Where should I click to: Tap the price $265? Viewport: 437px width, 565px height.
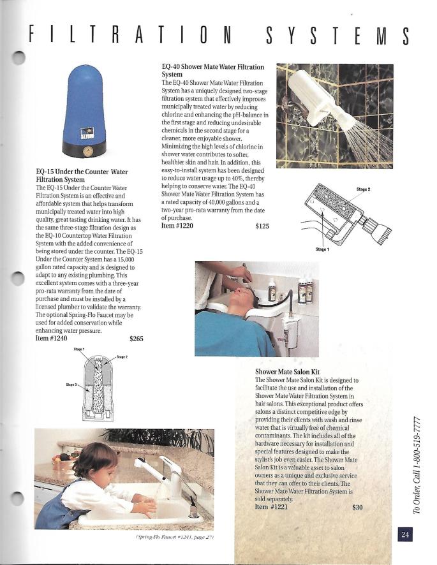coord(136,339)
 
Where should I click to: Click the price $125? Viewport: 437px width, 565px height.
coord(262,226)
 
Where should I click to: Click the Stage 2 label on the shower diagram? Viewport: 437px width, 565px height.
coord(364,189)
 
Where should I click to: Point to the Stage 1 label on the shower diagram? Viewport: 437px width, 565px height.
coord(323,249)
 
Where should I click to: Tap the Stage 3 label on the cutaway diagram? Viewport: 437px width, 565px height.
coord(72,384)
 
